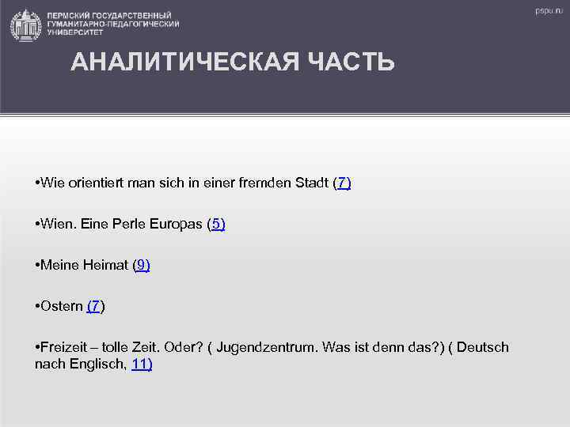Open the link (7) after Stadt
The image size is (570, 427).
point(342,183)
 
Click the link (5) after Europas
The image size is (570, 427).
point(216,224)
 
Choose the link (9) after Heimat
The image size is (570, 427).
point(141,265)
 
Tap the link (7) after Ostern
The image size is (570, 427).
point(95,306)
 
